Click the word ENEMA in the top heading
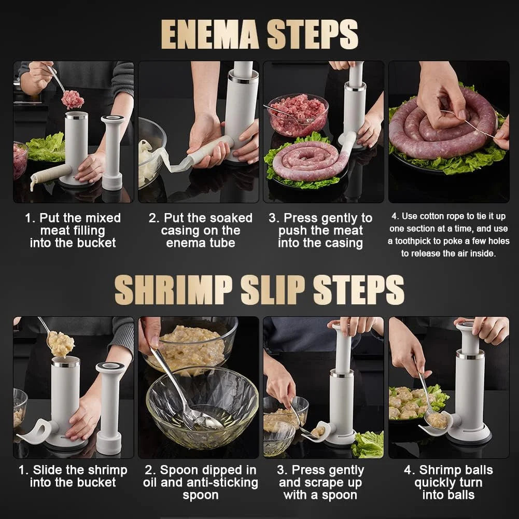coord(210,34)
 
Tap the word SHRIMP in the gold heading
coord(173,290)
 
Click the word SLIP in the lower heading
coord(272,290)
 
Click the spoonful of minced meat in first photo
coord(73,100)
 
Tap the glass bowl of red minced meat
coord(299,114)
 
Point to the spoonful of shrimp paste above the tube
coord(61,344)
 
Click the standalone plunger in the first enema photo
coord(113,153)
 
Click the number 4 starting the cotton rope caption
coord(394,216)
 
